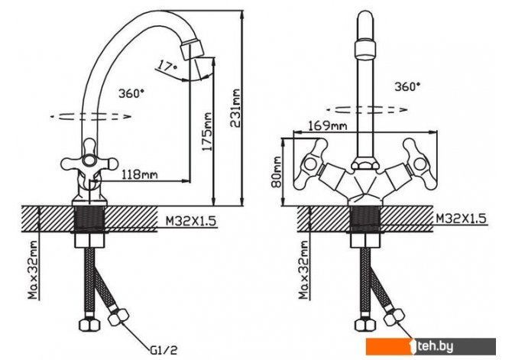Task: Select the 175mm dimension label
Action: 206,131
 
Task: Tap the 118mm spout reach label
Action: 139,174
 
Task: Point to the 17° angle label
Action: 167,66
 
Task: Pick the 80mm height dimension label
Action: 277,172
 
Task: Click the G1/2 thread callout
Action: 164,350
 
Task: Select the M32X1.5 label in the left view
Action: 191,221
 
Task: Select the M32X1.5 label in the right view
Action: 462,219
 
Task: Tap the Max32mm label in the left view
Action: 33,270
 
